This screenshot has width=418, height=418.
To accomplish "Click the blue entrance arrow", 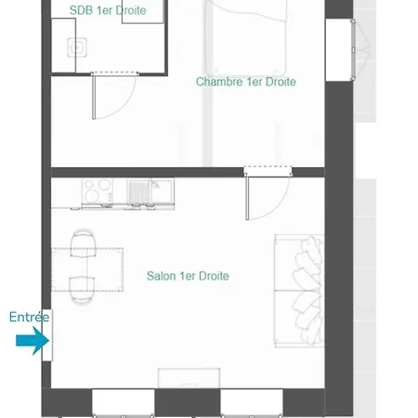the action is point(33,341).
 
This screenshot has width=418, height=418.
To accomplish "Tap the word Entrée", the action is point(29,317).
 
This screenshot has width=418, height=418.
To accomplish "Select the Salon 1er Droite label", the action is point(188,276).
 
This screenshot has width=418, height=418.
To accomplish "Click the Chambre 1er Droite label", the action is point(246,82).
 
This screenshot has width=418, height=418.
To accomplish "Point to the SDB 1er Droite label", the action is point(108,10).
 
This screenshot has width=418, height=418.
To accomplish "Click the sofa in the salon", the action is point(299,291).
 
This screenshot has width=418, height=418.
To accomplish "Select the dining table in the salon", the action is point(87,269).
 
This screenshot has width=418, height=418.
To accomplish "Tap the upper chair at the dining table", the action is point(83,243).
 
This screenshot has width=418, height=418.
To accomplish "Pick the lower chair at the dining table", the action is point(82,289).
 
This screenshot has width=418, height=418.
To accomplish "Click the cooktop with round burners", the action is point(97,191).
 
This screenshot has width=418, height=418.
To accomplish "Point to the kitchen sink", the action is point(150,192).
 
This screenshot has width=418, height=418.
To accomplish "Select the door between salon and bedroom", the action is point(268,197).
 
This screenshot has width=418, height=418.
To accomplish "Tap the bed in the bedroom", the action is point(245,37).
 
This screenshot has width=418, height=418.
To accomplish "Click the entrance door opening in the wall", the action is point(47,335).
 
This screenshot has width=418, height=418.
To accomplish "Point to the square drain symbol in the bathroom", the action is point(77,47).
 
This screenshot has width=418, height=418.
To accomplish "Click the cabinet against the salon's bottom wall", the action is point(189,378).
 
